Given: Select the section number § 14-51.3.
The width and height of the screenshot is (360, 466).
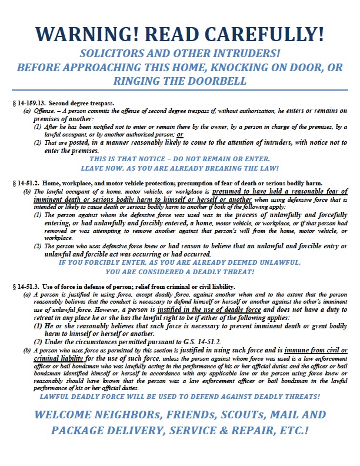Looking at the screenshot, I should click(x=28, y=287).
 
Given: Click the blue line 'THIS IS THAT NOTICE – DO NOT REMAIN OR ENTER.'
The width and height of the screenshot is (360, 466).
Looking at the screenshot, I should click(x=180, y=159).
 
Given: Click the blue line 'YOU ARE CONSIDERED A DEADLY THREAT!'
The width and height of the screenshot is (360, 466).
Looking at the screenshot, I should click(x=180, y=272).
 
